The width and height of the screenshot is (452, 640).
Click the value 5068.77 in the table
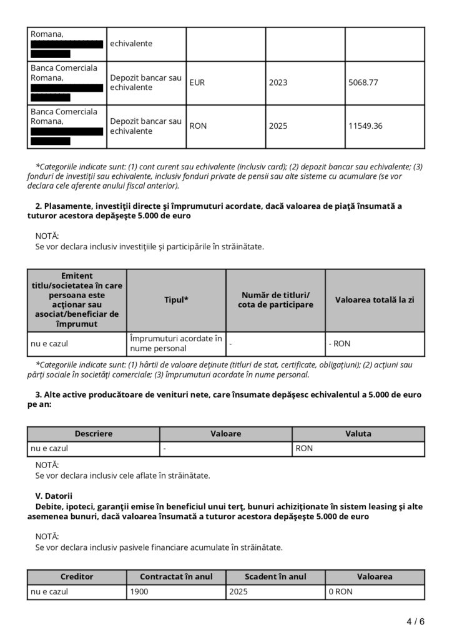pos(365,82)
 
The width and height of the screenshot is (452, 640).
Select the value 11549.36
pos(366,126)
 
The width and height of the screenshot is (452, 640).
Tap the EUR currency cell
pos(198,82)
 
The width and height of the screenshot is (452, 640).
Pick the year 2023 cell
pos(278,82)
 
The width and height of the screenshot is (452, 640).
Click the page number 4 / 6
pos(415,621)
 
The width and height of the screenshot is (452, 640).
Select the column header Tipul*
pos(176,300)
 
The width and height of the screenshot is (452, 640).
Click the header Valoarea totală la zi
pos(375,300)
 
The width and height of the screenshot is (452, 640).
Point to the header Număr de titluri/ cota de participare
pos(275,300)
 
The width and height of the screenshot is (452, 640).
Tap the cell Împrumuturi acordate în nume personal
pos(176,343)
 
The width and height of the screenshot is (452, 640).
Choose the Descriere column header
pos(94,434)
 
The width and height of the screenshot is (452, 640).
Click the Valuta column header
pos(358,434)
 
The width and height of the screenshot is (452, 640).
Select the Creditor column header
pos(77,577)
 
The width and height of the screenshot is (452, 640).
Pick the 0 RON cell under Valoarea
pos(341,591)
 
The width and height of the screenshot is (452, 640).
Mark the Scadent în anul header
pos(275,577)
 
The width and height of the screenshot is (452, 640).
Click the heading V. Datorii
pos(54,496)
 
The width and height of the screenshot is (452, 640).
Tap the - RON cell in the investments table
pos(340,343)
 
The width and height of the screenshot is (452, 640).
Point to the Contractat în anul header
pos(176,577)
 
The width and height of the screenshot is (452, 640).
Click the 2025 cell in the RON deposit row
pos(278,126)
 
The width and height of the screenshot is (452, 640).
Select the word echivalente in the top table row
pos(131,44)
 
